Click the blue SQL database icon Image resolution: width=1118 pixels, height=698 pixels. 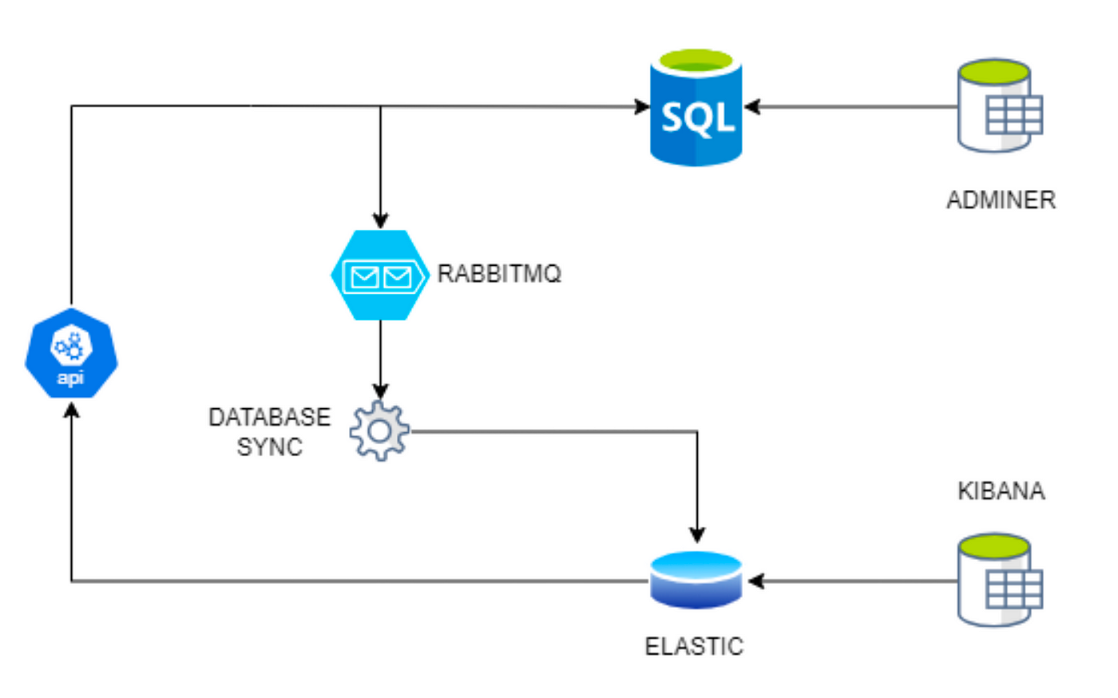tap(696, 107)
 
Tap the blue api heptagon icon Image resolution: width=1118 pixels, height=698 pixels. tap(71, 353)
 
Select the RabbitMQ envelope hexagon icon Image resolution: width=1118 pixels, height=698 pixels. tap(380, 275)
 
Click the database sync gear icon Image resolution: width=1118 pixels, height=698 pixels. tap(380, 431)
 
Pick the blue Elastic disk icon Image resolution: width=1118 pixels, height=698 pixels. tap(696, 580)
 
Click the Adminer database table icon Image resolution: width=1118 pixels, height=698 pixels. tap(1000, 106)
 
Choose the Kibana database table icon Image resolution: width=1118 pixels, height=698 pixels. tap(1000, 580)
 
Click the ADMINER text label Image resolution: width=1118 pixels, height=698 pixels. tap(1001, 200)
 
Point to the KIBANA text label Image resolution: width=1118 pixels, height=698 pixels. tap(1001, 491)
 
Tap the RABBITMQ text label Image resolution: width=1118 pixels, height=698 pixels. tap(499, 274)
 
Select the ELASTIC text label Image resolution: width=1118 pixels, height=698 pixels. tap(694, 647)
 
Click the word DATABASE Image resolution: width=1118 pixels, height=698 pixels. tap(270, 418)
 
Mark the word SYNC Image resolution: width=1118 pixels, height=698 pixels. tap(270, 447)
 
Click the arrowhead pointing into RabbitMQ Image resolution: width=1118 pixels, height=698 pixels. tap(380, 221)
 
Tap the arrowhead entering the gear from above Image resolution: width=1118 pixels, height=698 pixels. tap(380, 391)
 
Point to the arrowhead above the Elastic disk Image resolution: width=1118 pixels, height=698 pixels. tap(696, 535)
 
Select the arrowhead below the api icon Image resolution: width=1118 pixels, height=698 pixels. tap(71, 410)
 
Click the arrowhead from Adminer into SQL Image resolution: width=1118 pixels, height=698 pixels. tap(751, 106)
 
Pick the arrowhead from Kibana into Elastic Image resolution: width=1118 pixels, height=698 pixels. tap(756, 581)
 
